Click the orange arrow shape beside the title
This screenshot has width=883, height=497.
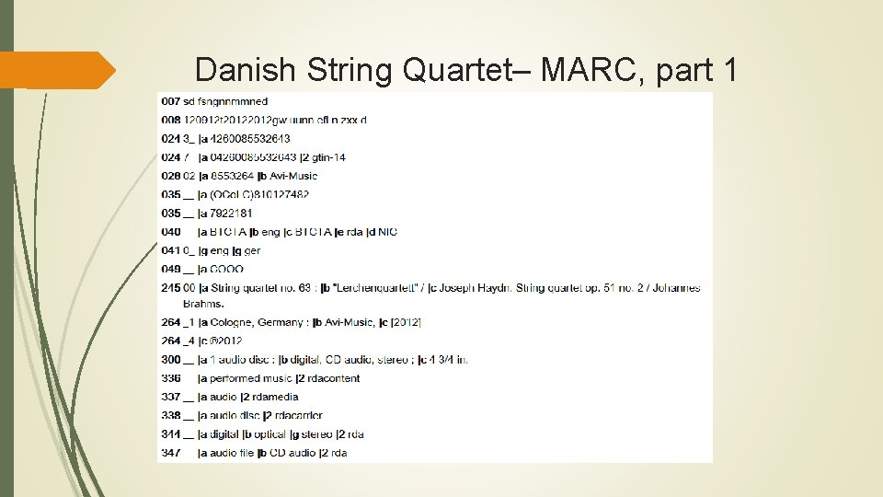pyautogui.click(x=58, y=71)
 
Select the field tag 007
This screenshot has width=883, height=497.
pyautogui.click(x=170, y=101)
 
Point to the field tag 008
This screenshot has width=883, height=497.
pyautogui.click(x=170, y=121)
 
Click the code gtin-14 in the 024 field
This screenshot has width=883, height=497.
pyautogui.click(x=326, y=157)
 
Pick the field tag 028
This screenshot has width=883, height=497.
pyautogui.click(x=170, y=176)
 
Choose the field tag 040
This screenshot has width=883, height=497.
pyautogui.click(x=170, y=232)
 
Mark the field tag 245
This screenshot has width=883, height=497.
pyautogui.click(x=170, y=288)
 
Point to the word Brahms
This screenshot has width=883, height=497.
pyautogui.click(x=203, y=303)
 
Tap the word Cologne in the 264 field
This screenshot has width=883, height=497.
pyautogui.click(x=232, y=322)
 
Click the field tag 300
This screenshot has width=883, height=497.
pyautogui.click(x=170, y=360)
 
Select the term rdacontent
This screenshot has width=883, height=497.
pyautogui.click(x=332, y=378)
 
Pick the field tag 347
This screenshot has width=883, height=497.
pyautogui.click(x=170, y=453)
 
